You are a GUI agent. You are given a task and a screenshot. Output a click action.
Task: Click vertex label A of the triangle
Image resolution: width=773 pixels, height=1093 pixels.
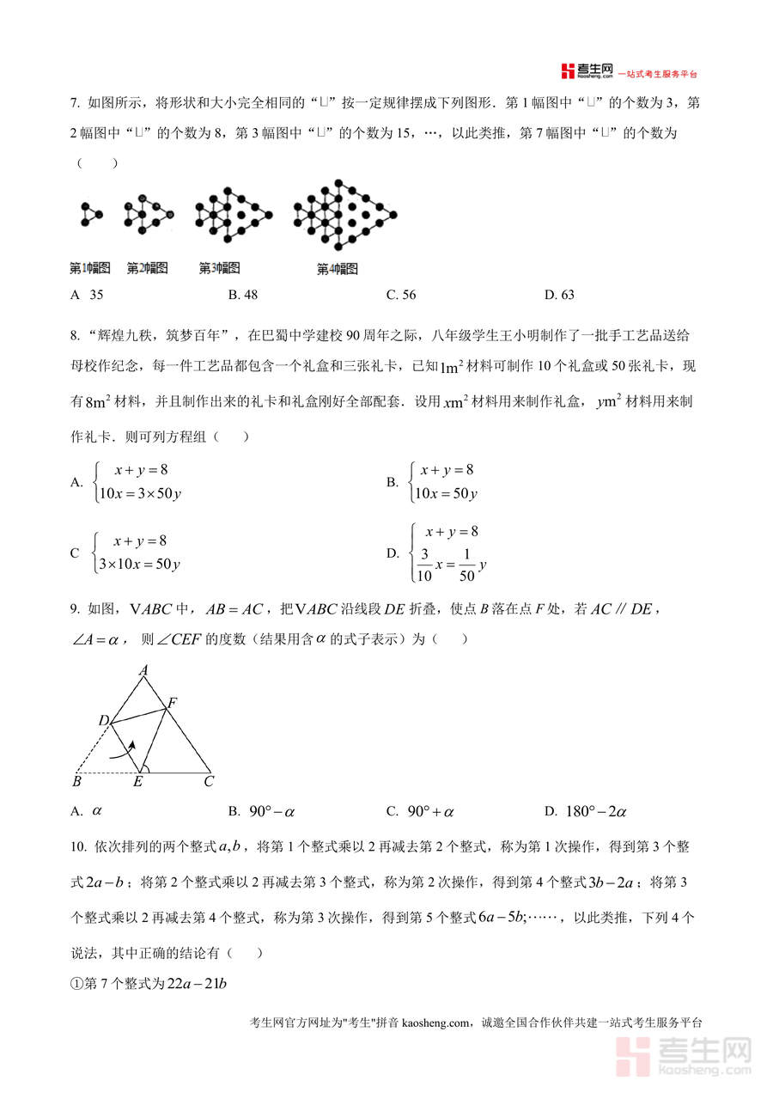coord(143,670)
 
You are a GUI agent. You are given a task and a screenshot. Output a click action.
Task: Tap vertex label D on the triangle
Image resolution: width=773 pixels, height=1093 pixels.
coord(102,720)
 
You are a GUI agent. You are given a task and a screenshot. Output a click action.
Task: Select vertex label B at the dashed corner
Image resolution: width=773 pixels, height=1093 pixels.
coord(76,782)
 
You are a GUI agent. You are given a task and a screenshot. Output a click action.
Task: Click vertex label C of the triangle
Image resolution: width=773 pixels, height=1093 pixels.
coord(209,782)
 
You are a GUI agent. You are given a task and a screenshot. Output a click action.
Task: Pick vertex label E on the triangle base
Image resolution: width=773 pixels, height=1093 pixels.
coord(137,782)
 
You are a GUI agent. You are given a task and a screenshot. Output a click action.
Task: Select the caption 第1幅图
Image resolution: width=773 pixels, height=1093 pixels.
coord(90,269)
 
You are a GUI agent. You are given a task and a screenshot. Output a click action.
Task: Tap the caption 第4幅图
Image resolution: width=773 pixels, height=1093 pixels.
coord(338,269)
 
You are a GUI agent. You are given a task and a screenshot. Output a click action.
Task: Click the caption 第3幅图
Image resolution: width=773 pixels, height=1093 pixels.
coord(220,269)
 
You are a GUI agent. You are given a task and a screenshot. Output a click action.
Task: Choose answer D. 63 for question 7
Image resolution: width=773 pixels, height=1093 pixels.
coord(559,296)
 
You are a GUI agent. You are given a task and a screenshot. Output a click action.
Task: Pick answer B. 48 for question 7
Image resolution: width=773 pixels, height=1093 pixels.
coord(243,296)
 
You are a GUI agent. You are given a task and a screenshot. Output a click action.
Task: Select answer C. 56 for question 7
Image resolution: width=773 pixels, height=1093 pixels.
coord(401,296)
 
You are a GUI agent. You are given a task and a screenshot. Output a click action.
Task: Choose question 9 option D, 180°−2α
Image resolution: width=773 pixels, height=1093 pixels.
coord(587,811)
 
